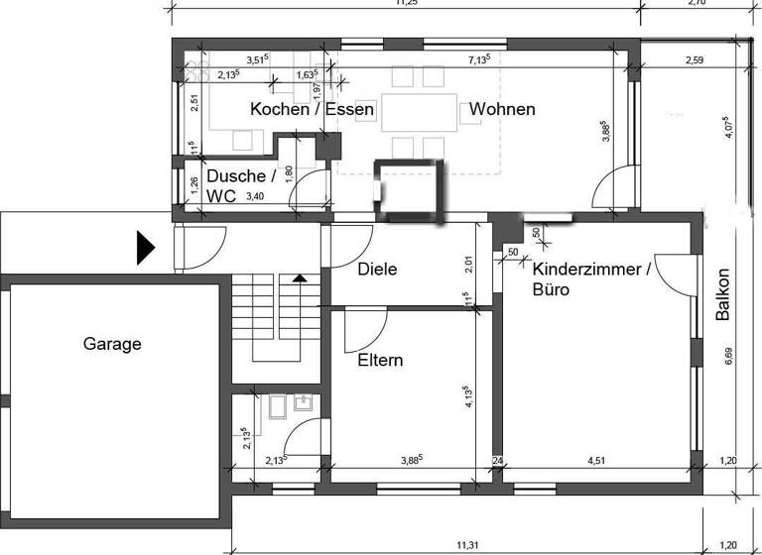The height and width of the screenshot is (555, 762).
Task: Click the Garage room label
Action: point(111,345)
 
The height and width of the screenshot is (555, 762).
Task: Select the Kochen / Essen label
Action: point(312,109)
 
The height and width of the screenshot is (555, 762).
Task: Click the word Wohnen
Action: point(502,109)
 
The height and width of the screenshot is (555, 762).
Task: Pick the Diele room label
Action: point(377,269)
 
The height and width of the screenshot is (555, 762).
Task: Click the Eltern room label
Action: point(380,361)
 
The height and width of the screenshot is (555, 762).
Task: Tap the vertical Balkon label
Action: point(723,294)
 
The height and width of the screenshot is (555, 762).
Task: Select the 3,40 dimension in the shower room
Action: point(254,197)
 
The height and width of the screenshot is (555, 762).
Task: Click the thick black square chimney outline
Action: point(409,190)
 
